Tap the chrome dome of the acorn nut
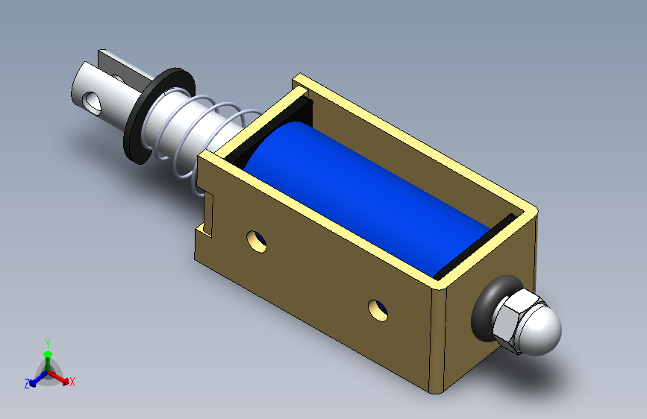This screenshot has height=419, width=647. click(x=541, y=329)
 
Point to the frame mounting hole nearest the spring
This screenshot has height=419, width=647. click(x=256, y=242)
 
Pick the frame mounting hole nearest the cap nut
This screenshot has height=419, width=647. click(x=378, y=311)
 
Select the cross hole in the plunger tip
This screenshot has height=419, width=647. click(x=91, y=103)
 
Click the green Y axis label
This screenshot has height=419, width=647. click(x=48, y=344)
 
